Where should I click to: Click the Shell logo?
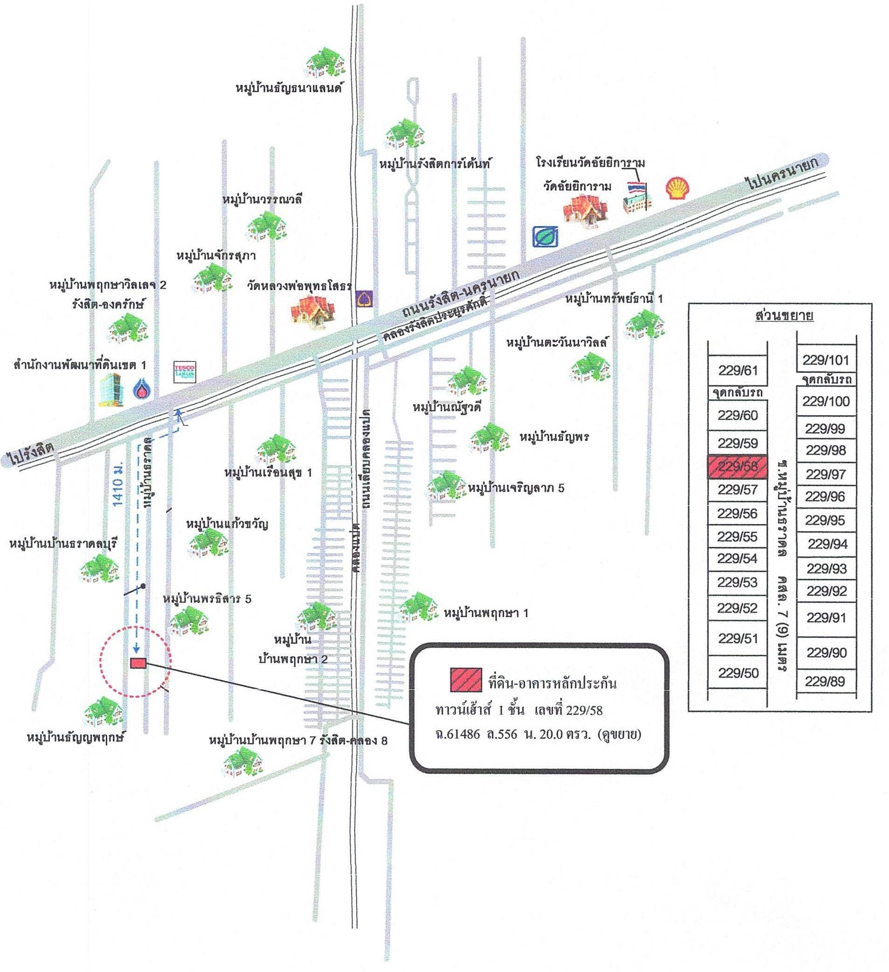[678, 189]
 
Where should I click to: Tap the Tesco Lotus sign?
[184, 372]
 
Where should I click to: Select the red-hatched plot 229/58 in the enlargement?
[737, 466]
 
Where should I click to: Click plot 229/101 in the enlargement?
[826, 360]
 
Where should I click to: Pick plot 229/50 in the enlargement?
[737, 673]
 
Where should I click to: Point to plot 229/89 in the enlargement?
[826, 681]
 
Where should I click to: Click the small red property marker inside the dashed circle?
[138, 663]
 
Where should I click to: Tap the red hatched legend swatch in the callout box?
[465, 679]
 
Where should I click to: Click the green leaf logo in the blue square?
[545, 236]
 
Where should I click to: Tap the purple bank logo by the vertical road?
[364, 298]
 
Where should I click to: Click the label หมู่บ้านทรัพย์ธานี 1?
[614, 299]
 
